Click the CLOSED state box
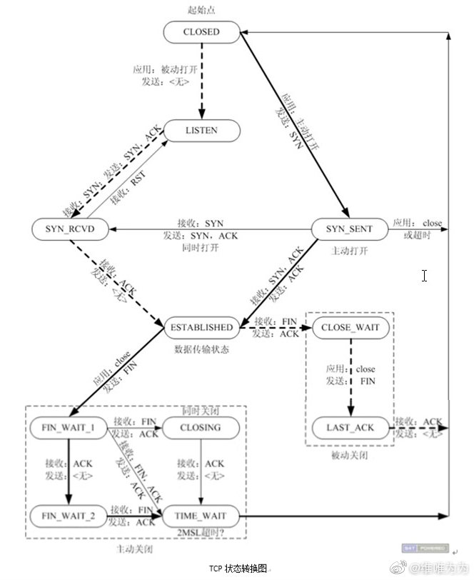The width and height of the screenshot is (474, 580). click(x=201, y=31)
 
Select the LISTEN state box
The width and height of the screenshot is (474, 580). click(x=201, y=131)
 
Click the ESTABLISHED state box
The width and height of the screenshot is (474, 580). click(x=201, y=327)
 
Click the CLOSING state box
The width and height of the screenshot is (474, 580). click(x=202, y=428)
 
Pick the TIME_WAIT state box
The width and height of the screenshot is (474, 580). click(x=201, y=514)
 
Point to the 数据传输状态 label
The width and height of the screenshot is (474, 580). click(x=202, y=349)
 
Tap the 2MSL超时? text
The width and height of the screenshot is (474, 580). click(x=202, y=532)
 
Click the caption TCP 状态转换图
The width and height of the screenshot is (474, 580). click(x=238, y=569)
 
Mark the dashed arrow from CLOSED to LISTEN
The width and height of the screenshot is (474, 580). click(x=201, y=79)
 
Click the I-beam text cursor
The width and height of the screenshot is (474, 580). click(x=424, y=275)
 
